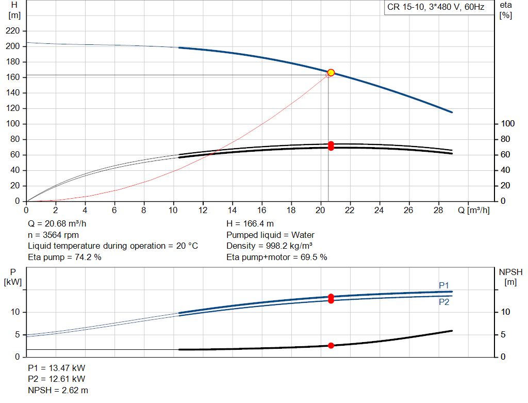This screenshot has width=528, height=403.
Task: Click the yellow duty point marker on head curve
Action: tap(331, 73)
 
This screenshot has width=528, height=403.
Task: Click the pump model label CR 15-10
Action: tap(436, 8)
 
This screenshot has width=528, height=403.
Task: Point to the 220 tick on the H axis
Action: tap(13, 31)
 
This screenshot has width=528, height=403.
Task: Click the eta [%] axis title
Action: tap(505, 10)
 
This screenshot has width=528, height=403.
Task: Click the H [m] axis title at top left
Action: tap(14, 10)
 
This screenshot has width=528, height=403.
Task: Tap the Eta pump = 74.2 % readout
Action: tap(64, 256)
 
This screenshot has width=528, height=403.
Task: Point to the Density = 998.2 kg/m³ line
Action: tap(270, 246)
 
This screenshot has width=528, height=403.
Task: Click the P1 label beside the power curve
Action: tap(444, 285)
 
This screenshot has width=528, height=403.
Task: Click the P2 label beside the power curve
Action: tap(444, 302)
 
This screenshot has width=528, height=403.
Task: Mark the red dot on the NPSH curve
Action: tap(331, 346)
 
